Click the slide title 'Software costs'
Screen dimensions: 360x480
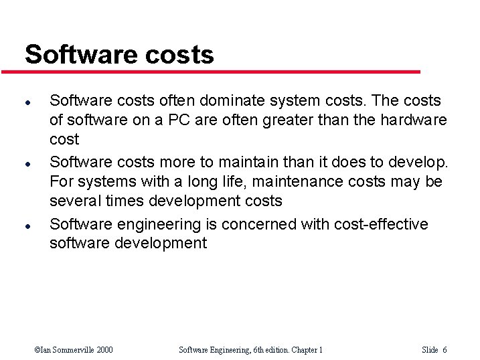[x=119, y=54]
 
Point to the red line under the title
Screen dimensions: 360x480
[x=221, y=72]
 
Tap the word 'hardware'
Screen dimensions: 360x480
[x=413, y=120]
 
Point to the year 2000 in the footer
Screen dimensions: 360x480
[x=104, y=350]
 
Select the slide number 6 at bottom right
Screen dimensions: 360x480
[x=445, y=350]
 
